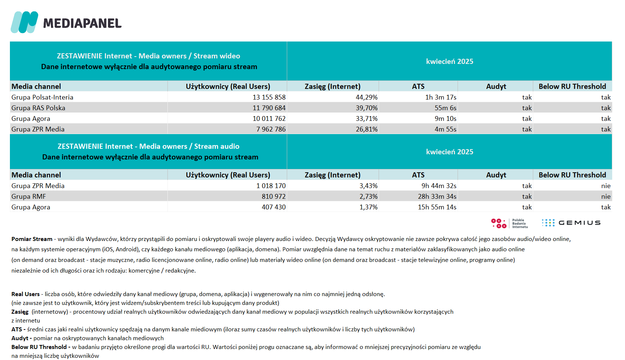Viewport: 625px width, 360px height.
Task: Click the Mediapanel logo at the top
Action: point(66,22)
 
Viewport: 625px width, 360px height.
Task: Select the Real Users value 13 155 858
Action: point(269,97)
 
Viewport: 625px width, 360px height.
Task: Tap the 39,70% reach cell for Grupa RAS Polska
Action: point(366,108)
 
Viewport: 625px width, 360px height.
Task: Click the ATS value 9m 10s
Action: point(445,119)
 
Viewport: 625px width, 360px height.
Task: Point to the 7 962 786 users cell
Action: point(271,129)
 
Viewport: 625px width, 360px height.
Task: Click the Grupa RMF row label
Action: point(29,197)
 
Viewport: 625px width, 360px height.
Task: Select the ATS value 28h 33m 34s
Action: point(437,197)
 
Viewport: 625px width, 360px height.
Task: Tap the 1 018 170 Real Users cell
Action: point(271,186)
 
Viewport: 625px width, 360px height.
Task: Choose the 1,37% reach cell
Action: point(368,207)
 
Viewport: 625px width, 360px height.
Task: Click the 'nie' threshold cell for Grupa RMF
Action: point(606,197)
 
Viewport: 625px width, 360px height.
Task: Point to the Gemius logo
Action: point(571,223)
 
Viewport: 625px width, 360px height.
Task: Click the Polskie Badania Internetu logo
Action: point(509,223)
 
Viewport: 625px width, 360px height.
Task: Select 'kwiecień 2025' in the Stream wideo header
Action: point(449,61)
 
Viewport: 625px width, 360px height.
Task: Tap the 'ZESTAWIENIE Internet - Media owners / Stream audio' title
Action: point(148,146)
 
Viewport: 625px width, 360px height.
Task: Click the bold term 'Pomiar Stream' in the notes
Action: point(32,239)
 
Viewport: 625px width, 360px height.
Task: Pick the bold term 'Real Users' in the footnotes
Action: point(25,294)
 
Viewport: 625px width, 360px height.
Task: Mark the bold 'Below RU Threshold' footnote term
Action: point(39,347)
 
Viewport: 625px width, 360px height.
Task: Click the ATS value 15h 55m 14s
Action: point(437,207)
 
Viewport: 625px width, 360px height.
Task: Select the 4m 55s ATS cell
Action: point(445,129)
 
